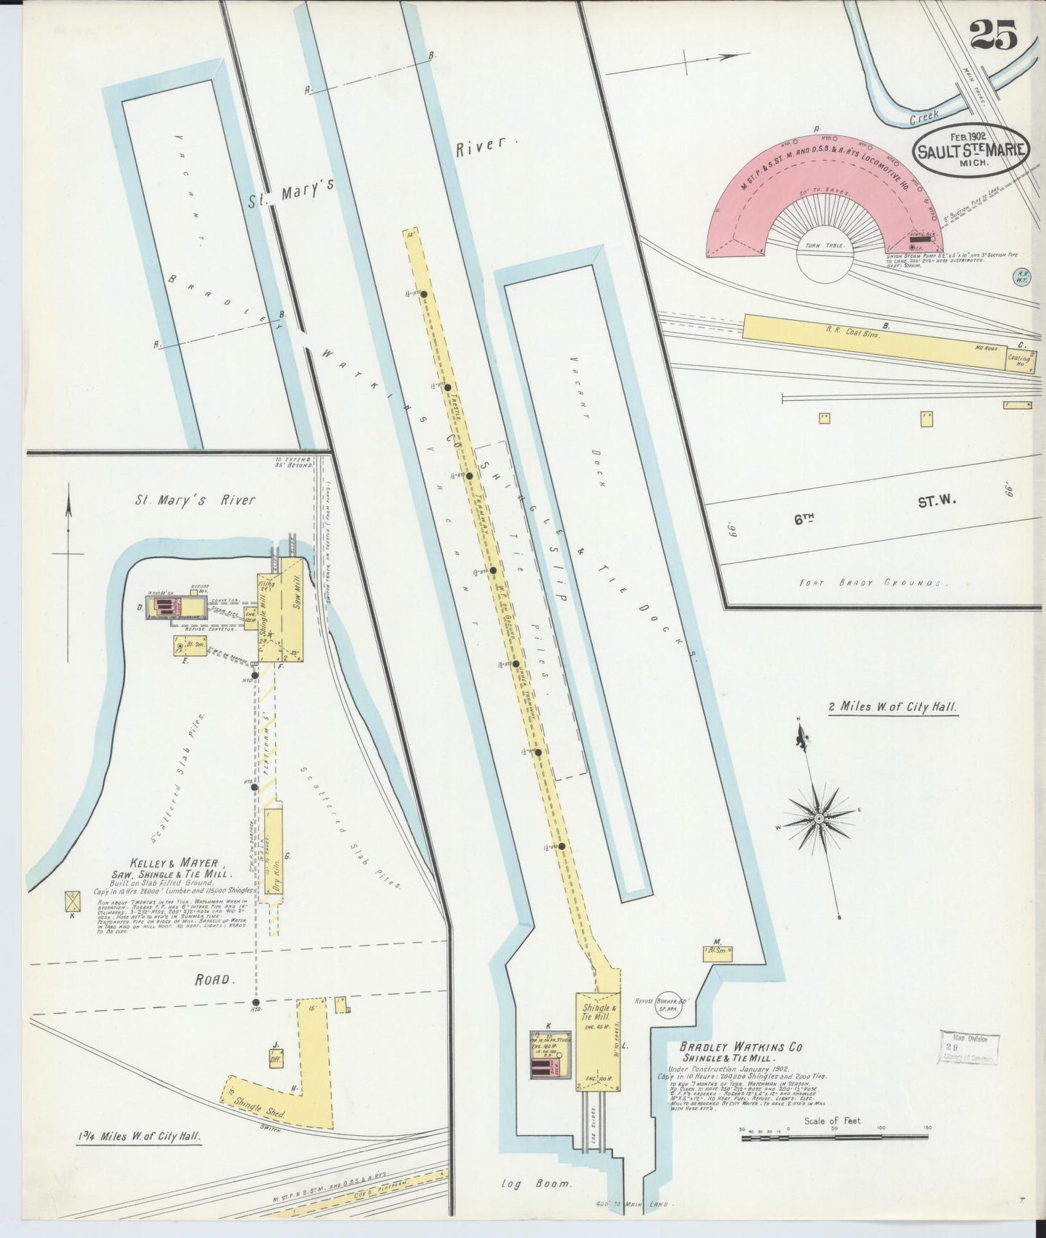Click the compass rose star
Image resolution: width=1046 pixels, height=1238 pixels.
(819, 818)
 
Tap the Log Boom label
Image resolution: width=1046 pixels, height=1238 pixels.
(536, 1184)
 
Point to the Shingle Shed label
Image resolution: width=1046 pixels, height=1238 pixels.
(261, 1109)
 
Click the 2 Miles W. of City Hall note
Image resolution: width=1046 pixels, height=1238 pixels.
(893, 706)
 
